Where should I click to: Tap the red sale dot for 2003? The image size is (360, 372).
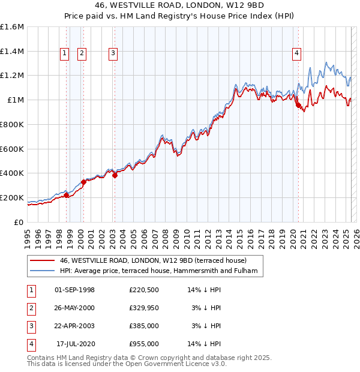coord(115,175)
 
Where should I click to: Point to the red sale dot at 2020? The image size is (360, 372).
coord(298,105)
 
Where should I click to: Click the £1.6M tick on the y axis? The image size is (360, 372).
coord(12,27)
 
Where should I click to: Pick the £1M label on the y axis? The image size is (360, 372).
coord(16,100)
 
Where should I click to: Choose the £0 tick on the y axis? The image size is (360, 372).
coord(20,222)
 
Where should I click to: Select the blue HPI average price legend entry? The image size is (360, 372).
coord(158,271)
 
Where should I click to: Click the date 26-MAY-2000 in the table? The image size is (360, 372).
coord(74,308)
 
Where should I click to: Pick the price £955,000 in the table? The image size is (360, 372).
coord(143,344)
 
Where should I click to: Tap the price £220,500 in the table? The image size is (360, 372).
coord(143,290)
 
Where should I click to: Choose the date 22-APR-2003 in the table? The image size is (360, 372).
coord(74,326)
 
